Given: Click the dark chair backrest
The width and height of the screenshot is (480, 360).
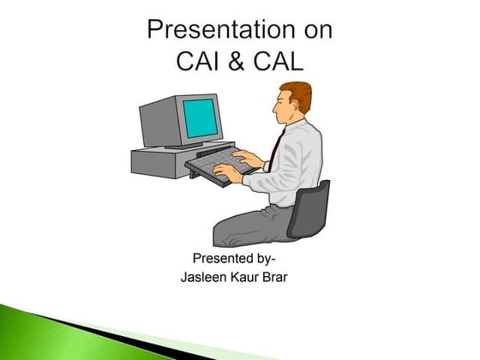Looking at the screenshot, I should tap(310, 209).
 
